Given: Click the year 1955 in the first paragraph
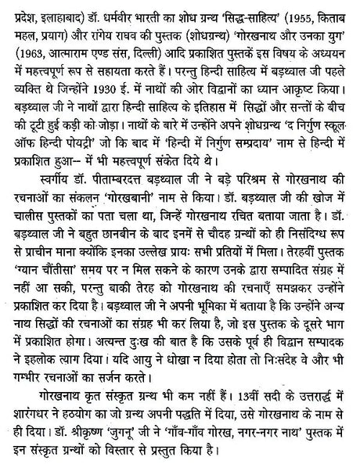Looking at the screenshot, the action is [x=281, y=13].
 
